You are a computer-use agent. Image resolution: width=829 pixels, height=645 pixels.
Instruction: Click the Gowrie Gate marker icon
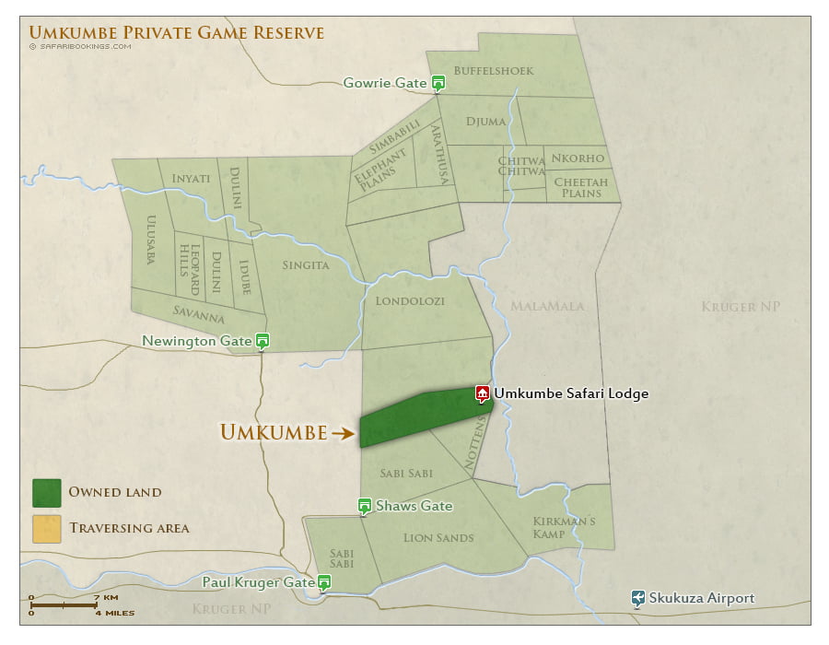click(438, 83)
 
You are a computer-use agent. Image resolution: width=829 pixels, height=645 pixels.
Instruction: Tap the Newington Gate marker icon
click(263, 340)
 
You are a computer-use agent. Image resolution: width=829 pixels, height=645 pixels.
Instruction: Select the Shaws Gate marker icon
click(365, 506)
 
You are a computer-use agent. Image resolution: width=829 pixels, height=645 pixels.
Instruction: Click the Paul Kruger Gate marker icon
click(323, 581)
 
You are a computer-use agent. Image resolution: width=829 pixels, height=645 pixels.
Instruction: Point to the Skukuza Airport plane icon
click(637, 598)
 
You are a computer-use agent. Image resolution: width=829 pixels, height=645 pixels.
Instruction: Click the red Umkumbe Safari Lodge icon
click(482, 393)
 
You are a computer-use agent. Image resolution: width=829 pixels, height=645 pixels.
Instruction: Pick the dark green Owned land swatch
click(46, 492)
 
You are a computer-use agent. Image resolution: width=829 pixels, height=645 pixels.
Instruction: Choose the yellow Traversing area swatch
click(46, 528)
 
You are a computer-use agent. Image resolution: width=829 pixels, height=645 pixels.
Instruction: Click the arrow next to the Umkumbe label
click(344, 432)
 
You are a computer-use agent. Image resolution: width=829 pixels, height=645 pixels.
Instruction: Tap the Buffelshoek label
click(500, 70)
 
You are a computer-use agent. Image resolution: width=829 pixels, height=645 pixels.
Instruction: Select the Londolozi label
click(410, 300)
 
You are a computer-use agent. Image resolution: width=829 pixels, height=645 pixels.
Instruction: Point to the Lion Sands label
click(438, 538)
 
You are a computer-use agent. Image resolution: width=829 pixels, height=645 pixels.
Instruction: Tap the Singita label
click(305, 265)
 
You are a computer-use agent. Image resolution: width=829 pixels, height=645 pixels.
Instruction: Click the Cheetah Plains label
click(580, 187)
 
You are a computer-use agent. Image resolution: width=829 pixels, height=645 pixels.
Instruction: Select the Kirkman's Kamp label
click(565, 528)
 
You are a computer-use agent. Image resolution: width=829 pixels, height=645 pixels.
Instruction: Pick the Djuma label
click(485, 121)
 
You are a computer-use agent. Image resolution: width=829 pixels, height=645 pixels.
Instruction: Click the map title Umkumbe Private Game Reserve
click(177, 33)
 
